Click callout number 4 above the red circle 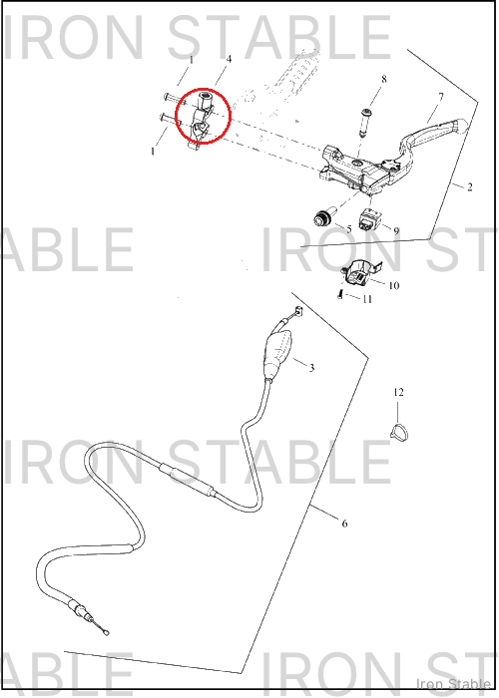click(x=229, y=59)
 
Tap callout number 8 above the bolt click(x=384, y=79)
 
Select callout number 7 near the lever click(x=441, y=97)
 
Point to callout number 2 click(x=470, y=186)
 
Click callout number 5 click(x=349, y=228)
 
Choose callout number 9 click(x=396, y=231)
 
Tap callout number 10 click(x=394, y=285)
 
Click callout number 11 click(x=367, y=299)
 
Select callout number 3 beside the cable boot click(x=311, y=368)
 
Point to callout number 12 click(x=398, y=392)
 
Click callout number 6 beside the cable click(x=344, y=523)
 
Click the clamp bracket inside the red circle click(x=202, y=117)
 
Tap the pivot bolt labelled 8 click(x=366, y=122)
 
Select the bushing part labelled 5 click(x=322, y=218)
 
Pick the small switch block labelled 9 click(x=369, y=218)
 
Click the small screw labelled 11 click(x=340, y=294)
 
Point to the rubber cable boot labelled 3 click(x=277, y=353)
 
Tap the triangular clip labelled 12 click(x=399, y=431)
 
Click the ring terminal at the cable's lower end click(x=106, y=631)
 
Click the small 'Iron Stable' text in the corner click(x=453, y=683)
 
